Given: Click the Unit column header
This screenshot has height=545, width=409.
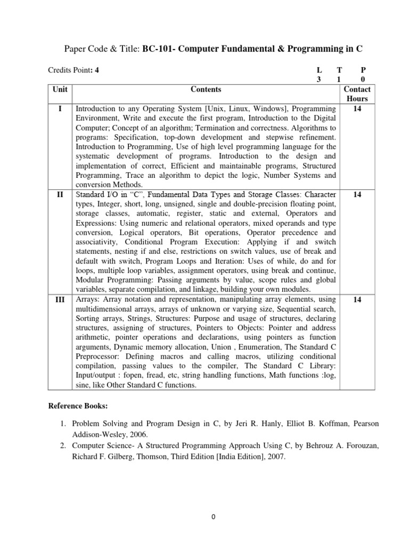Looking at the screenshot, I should [x=60, y=89].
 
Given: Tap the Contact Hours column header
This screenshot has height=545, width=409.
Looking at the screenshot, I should [x=357, y=94].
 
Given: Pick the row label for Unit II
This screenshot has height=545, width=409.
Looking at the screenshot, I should [x=60, y=195].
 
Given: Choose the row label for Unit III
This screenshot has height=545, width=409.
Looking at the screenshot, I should [x=60, y=300].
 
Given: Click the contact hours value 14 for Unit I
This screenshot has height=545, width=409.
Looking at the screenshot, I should [x=357, y=109].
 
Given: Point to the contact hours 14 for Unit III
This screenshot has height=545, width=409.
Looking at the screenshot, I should [x=357, y=300].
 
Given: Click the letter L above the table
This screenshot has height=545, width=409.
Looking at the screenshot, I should [x=319, y=70].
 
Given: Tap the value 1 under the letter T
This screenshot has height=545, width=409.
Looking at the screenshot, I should [x=338, y=79].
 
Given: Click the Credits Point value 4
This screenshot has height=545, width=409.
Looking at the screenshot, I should [x=96, y=70].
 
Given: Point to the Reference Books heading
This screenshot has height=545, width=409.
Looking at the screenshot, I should [x=78, y=407].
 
